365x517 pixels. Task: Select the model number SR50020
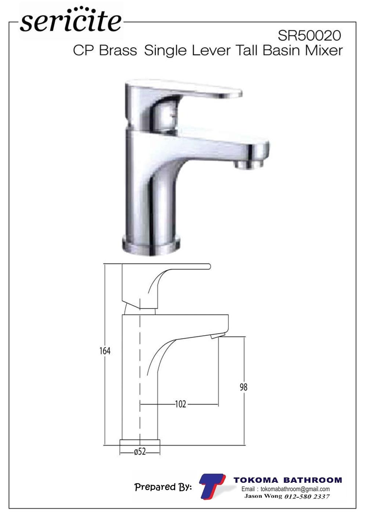[x=309, y=36]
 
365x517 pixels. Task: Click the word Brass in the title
[x=118, y=50]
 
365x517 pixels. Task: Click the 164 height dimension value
[x=105, y=351]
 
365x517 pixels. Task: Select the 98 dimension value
[x=243, y=387]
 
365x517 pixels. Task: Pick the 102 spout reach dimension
[x=180, y=404]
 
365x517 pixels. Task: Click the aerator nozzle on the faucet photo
[x=249, y=164]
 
